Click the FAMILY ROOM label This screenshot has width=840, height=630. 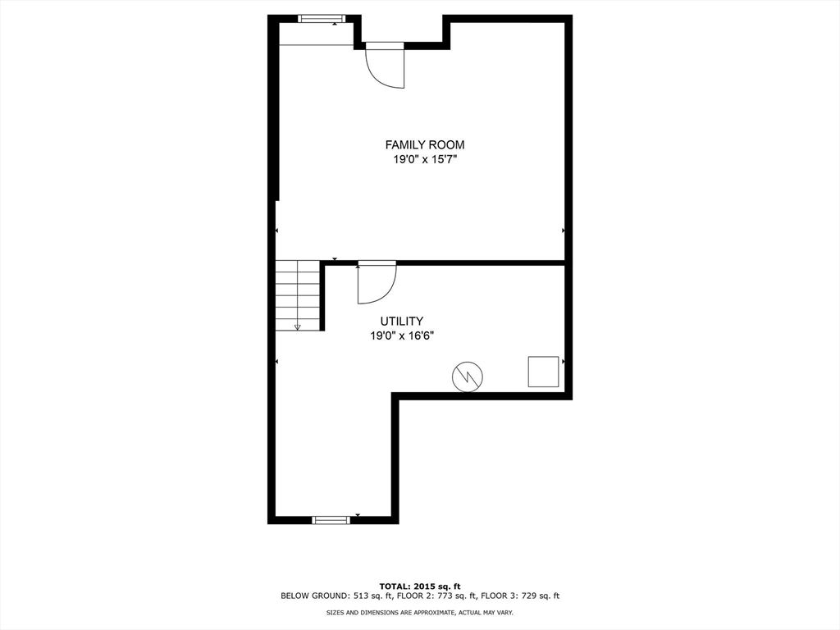pyautogui.click(x=425, y=144)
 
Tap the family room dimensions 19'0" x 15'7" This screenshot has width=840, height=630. pyautogui.click(x=425, y=160)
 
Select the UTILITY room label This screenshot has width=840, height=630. pyautogui.click(x=402, y=322)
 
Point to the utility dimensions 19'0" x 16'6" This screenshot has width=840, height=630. pyautogui.click(x=402, y=336)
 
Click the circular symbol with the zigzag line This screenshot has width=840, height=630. pyautogui.click(x=468, y=377)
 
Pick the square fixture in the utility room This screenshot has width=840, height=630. pyautogui.click(x=543, y=372)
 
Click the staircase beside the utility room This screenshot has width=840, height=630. pyautogui.click(x=298, y=295)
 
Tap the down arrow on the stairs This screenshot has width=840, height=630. pyautogui.click(x=298, y=327)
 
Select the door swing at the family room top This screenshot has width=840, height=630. pyautogui.click(x=385, y=68)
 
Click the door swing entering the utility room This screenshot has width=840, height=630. pyautogui.click(x=377, y=284)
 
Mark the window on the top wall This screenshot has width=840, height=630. pyautogui.click(x=322, y=19)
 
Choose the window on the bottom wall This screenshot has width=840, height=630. pyautogui.click(x=331, y=519)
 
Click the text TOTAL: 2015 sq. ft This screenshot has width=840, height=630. pyautogui.click(x=420, y=587)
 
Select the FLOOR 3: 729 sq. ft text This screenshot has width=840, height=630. pyautogui.click(x=520, y=596)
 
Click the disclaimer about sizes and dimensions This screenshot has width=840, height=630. pyautogui.click(x=420, y=612)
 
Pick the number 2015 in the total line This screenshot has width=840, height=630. pyautogui.click(x=427, y=587)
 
